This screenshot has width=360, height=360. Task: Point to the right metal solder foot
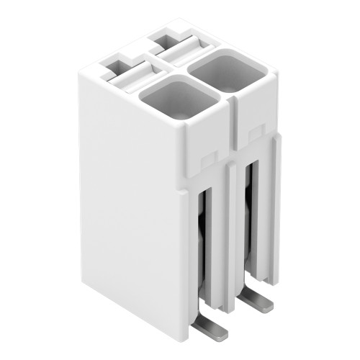tap(257, 300)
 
